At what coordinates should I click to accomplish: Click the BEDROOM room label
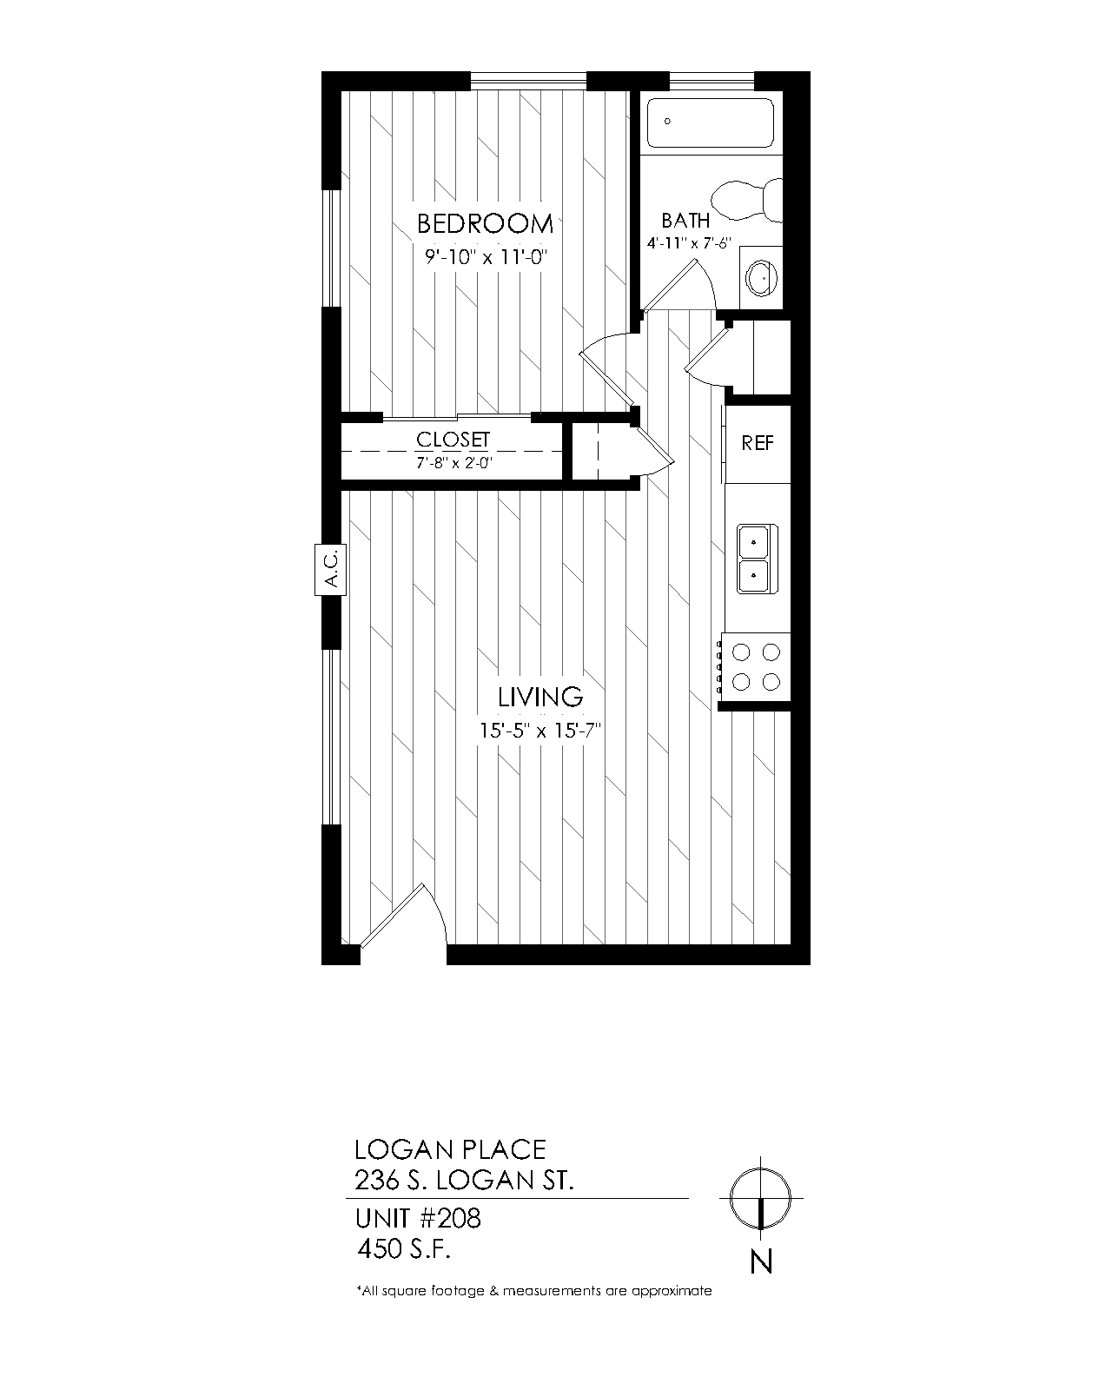point(485,224)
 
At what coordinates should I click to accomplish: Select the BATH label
point(685,221)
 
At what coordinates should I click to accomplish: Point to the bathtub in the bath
point(711,123)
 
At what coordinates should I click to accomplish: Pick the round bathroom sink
point(760,277)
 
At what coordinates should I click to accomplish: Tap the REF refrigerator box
point(758,443)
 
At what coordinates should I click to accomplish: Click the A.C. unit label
point(330,570)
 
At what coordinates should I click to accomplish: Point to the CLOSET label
point(453,440)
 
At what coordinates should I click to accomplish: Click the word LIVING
point(539,697)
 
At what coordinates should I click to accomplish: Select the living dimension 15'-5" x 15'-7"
point(540,731)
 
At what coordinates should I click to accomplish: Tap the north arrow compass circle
point(760,1199)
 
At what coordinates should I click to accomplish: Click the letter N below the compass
point(761,1261)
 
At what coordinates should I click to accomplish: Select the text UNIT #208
point(418,1218)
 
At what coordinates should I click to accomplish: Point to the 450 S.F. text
point(404,1249)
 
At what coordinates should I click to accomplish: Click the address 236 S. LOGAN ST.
point(464,1181)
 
